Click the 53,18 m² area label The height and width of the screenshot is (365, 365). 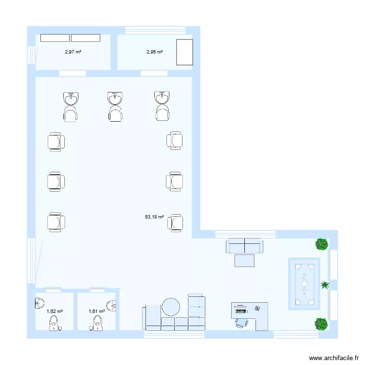tap(154, 217)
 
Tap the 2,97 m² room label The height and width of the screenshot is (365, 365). tap(73, 52)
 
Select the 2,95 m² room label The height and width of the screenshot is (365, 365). tap(154, 52)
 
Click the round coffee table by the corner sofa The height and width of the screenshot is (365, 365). tap(171, 307)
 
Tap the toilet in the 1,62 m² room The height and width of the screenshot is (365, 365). tap(54, 323)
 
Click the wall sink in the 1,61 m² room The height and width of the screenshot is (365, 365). tap(112, 306)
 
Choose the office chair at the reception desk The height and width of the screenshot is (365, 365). tap(241, 322)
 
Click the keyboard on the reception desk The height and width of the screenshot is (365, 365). tap(241, 309)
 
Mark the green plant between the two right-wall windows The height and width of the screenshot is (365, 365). tap(325, 285)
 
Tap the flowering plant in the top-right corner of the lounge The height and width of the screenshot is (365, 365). tap(321, 244)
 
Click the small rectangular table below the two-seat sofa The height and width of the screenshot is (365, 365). tap(244, 260)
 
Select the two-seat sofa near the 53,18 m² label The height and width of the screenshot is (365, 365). tap(244, 246)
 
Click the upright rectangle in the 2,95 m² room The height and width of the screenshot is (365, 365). tap(184, 52)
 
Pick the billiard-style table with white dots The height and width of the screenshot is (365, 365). tap(304, 283)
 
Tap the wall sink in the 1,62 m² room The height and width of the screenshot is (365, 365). tap(38, 303)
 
